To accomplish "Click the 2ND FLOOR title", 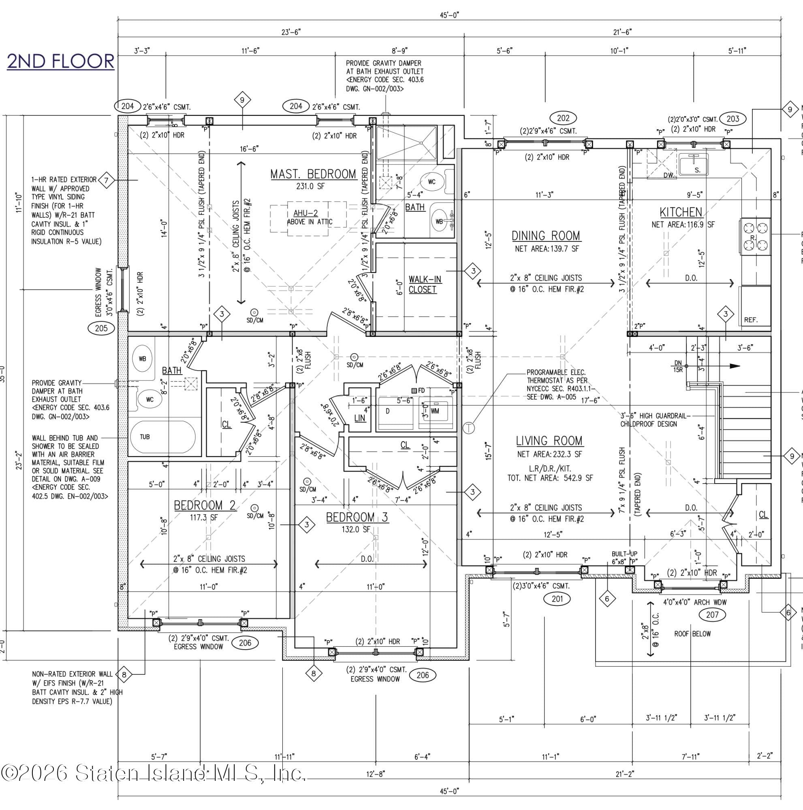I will pyautogui.click(x=61, y=61).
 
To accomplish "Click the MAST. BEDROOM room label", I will pyautogui.click(x=313, y=174).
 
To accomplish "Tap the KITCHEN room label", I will pyautogui.click(x=681, y=212).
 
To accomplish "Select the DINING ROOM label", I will pyautogui.click(x=546, y=236).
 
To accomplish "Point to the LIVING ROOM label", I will pyautogui.click(x=549, y=441).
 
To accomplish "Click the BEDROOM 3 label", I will pyautogui.click(x=357, y=517).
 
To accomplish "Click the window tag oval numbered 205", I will pyautogui.click(x=101, y=328).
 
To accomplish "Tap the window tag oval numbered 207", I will pyautogui.click(x=712, y=615).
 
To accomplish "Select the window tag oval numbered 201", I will pyautogui.click(x=557, y=599).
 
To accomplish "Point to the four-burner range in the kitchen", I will pyautogui.click(x=756, y=237).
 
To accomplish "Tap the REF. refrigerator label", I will pyautogui.click(x=751, y=320).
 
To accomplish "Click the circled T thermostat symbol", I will pyautogui.click(x=468, y=428).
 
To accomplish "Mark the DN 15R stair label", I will pyautogui.click(x=678, y=367).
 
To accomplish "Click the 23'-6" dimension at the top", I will pyautogui.click(x=291, y=32).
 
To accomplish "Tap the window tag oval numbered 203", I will pyautogui.click(x=733, y=119).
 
